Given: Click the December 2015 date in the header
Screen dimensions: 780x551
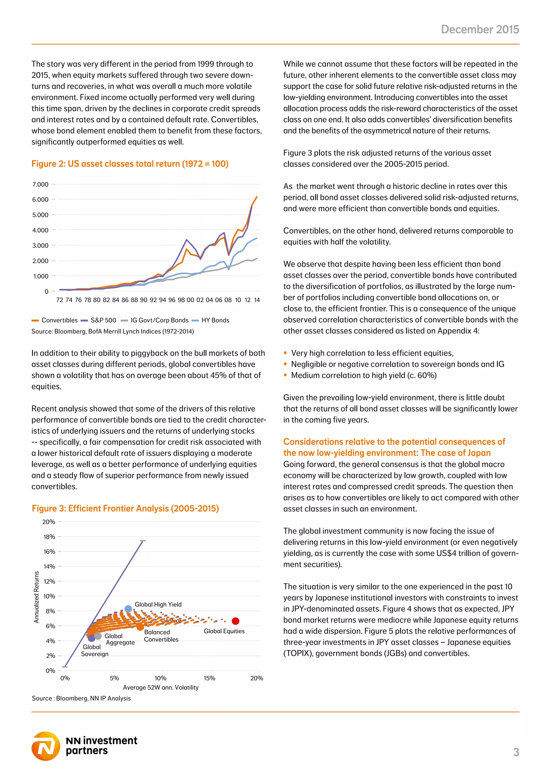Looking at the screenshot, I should coord(480,30).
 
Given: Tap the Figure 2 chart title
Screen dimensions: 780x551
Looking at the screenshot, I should coord(130,164).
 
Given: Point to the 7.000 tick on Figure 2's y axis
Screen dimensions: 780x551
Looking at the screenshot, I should coord(40,184).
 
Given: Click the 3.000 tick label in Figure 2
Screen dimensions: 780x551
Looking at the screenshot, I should coord(40,246).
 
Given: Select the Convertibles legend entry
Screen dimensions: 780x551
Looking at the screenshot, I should coord(55,320).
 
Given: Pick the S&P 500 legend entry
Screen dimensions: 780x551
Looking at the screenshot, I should coord(99,320).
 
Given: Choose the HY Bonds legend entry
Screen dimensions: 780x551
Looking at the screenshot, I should coord(211,320).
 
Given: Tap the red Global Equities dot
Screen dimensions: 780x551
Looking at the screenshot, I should coord(235,621).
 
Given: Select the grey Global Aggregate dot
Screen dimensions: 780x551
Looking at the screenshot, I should coord(98,636).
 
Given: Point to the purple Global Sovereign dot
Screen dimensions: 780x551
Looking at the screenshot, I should coord(91,638).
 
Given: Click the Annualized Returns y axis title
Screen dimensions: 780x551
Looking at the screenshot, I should coord(36,597).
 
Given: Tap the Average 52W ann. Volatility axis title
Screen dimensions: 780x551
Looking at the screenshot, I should coord(160,687).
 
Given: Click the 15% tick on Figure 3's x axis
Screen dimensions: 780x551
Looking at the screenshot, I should coord(209,678).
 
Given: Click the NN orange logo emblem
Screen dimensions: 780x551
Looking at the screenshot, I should coord(46,746).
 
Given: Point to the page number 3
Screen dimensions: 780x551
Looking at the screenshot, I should coord(516,752).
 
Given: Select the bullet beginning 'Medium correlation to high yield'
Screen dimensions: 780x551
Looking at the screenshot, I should coord(364,375).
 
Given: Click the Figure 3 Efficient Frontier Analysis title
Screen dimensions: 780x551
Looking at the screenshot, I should coord(125,509).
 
